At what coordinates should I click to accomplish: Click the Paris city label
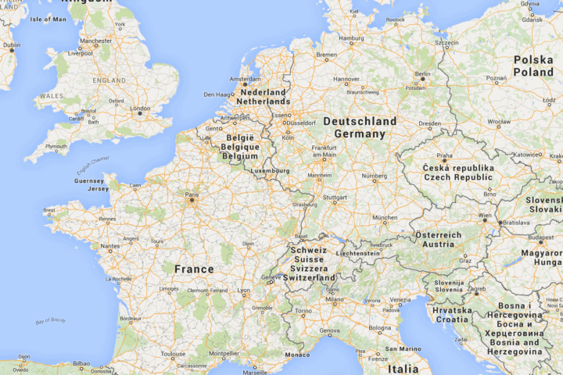point(191,195)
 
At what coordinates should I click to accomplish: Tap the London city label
point(140,108)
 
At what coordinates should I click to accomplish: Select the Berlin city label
point(422,74)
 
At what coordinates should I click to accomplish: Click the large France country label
point(194,269)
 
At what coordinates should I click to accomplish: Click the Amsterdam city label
point(245,79)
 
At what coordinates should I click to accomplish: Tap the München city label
point(384,217)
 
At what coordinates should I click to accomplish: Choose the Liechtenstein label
point(357,253)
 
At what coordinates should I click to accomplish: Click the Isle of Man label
point(48,19)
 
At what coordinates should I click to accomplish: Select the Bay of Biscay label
point(52,321)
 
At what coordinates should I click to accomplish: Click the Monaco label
point(297,355)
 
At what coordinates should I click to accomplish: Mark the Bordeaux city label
point(131,318)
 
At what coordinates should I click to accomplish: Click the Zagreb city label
point(476,289)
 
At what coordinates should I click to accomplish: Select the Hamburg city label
point(351,37)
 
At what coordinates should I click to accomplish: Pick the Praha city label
point(444,155)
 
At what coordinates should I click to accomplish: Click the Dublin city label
point(11,45)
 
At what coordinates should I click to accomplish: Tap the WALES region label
point(51,95)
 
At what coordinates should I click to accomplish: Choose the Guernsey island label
point(88,180)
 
